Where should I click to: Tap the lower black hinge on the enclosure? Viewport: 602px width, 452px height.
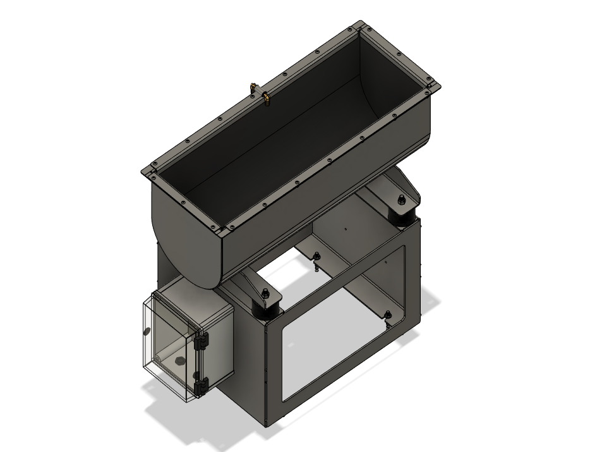click(201, 385)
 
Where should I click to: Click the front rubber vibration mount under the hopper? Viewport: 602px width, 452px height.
click(266, 308)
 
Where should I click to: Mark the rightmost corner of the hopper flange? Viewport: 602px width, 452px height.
click(436, 87)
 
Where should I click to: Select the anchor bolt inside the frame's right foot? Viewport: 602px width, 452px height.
click(388, 314)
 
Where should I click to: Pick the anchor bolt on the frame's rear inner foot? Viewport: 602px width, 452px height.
click(316, 257)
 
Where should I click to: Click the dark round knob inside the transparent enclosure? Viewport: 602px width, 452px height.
click(179, 362)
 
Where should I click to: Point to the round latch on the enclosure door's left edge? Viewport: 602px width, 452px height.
click(147, 331)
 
